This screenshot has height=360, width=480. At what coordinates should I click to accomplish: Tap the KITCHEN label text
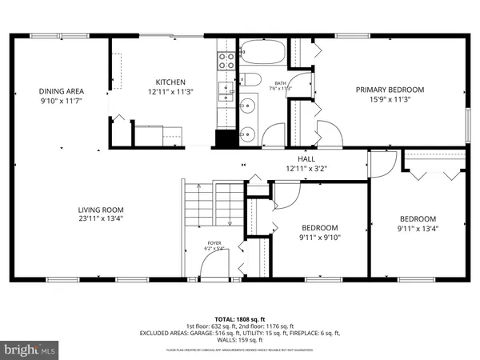170,82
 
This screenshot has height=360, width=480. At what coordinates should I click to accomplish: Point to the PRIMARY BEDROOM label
390,90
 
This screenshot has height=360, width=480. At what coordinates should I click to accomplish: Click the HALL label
306,159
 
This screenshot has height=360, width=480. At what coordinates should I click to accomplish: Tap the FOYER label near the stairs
214,242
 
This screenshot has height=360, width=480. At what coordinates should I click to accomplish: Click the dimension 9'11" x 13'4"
418,229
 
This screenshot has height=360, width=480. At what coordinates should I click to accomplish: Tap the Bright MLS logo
30,350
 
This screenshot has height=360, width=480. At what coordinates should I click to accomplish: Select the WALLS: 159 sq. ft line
239,341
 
